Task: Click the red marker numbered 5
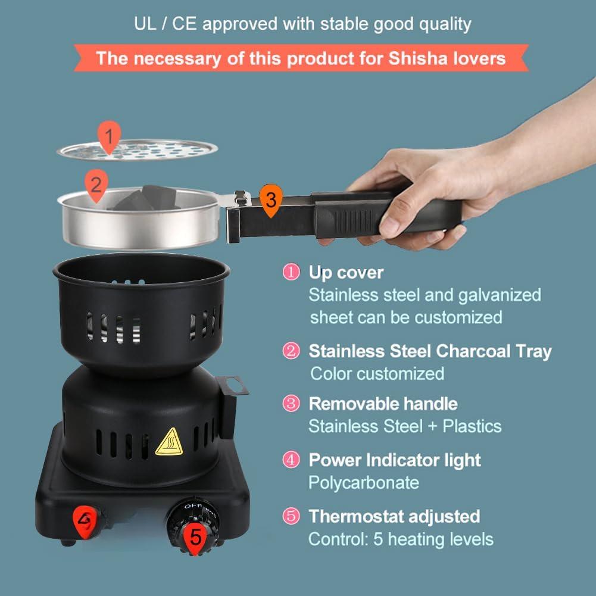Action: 196,536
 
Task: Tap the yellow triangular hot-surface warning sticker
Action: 168,442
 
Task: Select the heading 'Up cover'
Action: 345,273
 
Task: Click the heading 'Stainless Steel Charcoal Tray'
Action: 429,351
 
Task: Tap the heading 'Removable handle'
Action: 383,404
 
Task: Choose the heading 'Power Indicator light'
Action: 394,460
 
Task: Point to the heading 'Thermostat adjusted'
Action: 394,516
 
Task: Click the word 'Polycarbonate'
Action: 363,482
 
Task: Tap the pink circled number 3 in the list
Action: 291,404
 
